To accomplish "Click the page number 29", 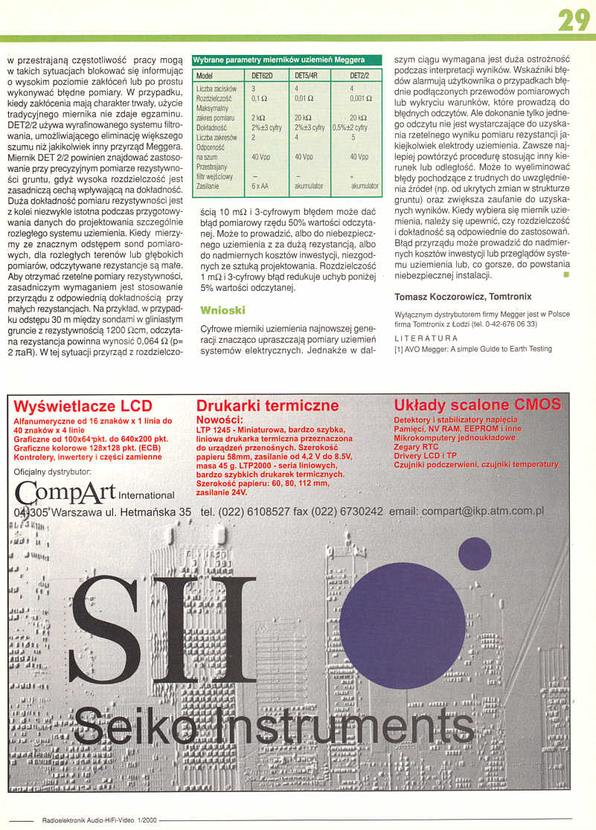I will [574, 19].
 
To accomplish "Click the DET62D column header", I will [262, 75].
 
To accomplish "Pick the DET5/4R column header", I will [306, 75].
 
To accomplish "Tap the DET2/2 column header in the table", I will [359, 75].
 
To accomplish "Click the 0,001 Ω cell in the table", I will [361, 97].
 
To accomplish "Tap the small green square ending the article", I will [566, 275].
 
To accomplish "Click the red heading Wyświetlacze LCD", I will [83, 406].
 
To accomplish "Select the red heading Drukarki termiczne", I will [267, 406].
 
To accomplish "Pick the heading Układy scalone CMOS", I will [477, 405].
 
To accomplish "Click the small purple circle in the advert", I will [474, 553].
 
